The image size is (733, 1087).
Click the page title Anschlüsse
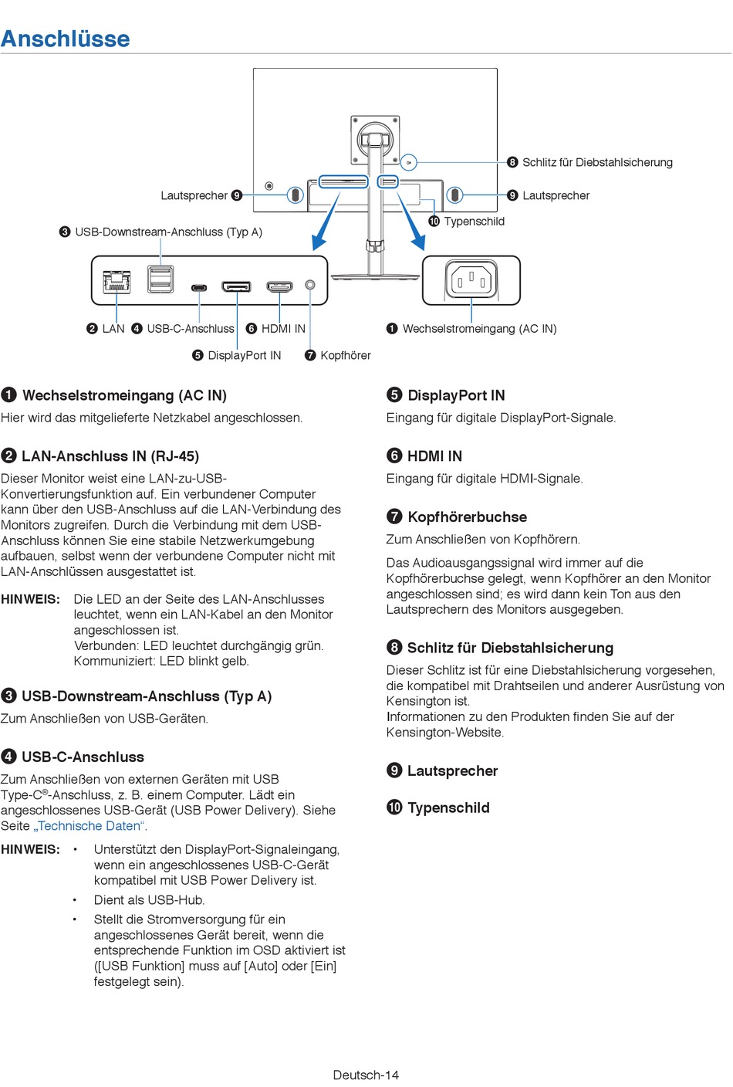[x=66, y=39]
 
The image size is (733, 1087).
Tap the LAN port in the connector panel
[x=117, y=283]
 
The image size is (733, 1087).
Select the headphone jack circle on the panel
[x=310, y=285]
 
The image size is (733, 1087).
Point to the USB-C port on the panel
[x=199, y=288]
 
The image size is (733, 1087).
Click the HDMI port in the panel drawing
[x=279, y=287]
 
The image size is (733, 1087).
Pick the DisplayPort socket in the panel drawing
[x=236, y=287]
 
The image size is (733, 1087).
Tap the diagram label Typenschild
[x=474, y=222]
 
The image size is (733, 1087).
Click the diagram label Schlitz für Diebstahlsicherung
[x=597, y=162]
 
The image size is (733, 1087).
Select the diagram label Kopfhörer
[x=345, y=355]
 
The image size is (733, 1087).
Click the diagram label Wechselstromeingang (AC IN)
[x=479, y=329]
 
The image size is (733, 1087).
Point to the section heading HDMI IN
[x=434, y=456]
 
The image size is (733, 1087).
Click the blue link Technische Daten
[x=90, y=826]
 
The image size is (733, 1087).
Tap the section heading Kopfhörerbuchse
[x=467, y=517]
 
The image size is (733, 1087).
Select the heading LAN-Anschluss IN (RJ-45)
[x=110, y=456]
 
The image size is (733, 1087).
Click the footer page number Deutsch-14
[x=366, y=1075]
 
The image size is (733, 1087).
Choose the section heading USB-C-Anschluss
[x=83, y=757]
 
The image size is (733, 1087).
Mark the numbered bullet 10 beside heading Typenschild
[x=394, y=808]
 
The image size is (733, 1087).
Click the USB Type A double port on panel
[x=160, y=279]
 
